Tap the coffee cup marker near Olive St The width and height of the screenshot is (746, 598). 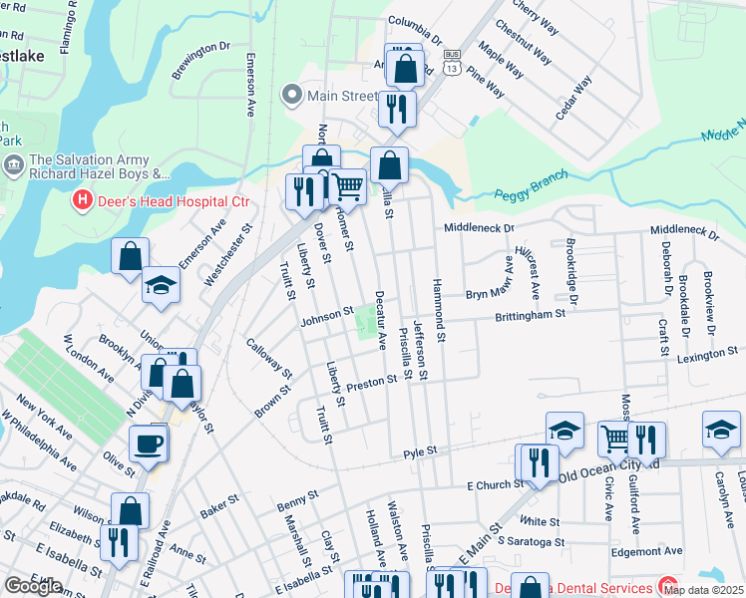pos(149,444)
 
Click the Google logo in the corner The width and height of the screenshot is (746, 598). pos(33,586)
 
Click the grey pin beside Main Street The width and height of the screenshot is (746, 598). pos(292,96)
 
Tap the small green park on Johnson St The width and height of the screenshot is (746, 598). pos(367,321)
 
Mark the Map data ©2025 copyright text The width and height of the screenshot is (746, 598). pos(703,589)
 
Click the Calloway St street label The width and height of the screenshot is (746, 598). pos(269,358)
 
